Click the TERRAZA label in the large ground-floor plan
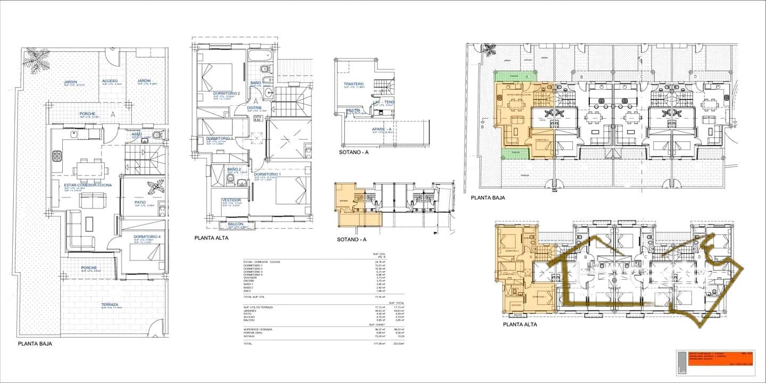(110, 305)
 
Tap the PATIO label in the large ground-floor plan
(140, 202)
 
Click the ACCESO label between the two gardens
(110, 81)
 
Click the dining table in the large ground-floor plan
(90, 169)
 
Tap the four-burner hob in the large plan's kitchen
(57, 156)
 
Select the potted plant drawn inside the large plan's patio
(156, 187)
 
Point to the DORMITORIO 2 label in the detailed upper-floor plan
(227, 94)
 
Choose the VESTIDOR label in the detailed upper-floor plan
(231, 200)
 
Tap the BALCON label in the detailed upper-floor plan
(236, 224)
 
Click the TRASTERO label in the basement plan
(353, 84)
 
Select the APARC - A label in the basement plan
(382, 129)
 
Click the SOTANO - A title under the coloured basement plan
(352, 239)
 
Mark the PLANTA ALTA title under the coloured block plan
(520, 324)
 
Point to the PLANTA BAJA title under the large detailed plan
(35, 344)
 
